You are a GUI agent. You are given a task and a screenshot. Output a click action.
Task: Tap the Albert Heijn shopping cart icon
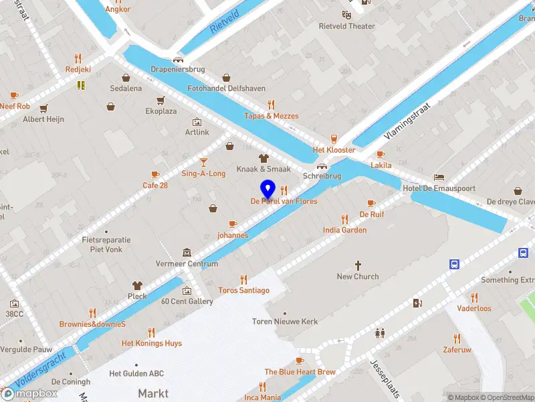44,109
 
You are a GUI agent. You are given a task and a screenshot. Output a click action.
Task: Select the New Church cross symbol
358,265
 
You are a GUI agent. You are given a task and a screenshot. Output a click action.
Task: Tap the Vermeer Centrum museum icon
187,253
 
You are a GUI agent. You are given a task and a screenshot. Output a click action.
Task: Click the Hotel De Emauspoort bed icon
439,177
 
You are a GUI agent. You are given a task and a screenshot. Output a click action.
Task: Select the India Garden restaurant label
344,230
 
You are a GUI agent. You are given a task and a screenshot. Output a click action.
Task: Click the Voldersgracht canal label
40,373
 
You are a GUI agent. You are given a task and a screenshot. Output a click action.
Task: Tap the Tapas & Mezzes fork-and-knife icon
271,105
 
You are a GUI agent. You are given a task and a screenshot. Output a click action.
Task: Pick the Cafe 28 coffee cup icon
156,174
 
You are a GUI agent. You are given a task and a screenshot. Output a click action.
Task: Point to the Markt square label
153,393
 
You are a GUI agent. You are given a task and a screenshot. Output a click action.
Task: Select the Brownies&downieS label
92,324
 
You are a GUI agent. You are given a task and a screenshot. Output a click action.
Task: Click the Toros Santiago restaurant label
243,290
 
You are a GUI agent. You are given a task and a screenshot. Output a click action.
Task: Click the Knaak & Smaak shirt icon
263,158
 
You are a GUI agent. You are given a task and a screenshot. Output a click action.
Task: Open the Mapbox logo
29,393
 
